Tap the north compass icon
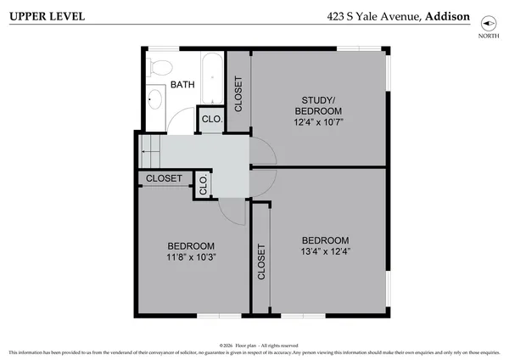tap(488, 23)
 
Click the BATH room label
tap(182, 85)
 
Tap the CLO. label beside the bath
tap(210, 120)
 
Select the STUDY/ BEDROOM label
tap(318, 105)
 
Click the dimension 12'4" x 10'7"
tap(318, 122)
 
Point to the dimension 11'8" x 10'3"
tap(192, 257)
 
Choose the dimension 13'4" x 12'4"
tap(326, 251)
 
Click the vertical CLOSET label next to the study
tap(238, 94)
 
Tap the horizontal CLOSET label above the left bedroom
tap(164, 178)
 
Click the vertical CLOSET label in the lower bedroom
tap(260, 263)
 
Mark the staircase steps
tap(150, 150)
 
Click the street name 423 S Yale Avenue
tap(370, 15)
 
